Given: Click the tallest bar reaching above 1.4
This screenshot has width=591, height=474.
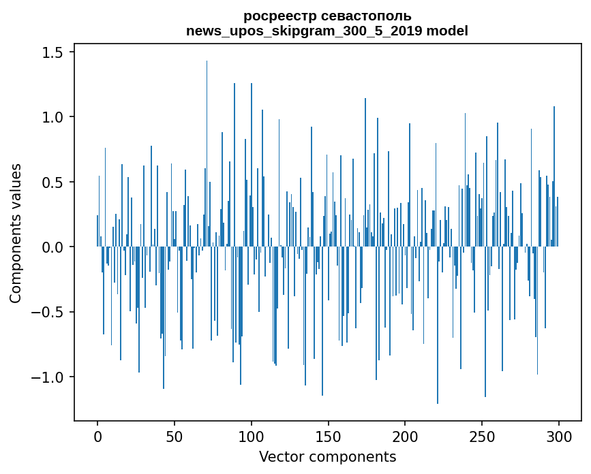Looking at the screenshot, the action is pos(207,154).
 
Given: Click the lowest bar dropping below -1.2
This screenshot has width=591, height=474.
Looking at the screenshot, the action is pos(438,326).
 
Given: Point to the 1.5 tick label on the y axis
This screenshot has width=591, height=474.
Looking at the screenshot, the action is pos(52,52).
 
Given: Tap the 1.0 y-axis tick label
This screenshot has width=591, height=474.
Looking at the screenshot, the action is pos(52,117).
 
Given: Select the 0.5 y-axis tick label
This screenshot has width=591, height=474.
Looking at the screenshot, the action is pos(52,182).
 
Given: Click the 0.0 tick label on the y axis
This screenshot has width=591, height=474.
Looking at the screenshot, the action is pos(52,247).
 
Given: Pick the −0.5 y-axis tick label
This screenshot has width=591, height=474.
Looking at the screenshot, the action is pos(48,312).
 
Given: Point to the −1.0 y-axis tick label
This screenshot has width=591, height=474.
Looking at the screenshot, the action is pos(48,377).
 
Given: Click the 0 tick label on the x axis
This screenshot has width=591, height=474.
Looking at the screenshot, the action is pos(97,437).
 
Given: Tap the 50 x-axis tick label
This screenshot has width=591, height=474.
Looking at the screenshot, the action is pos(174,437).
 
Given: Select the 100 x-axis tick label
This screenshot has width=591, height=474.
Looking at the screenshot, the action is pos(251,437).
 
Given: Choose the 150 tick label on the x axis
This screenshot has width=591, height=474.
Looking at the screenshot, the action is pos(328,437).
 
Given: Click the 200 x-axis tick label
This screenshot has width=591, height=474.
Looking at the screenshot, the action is pos(405,437).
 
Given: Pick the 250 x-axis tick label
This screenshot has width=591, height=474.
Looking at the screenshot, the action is pos(482,437).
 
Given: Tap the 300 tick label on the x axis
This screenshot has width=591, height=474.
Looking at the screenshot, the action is pos(558,437).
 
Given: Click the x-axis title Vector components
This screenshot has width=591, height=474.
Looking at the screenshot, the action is pos(327,457).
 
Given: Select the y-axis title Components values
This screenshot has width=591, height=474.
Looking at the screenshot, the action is pos(16,234).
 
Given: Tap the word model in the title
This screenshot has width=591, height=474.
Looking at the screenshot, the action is pos(447,31).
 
